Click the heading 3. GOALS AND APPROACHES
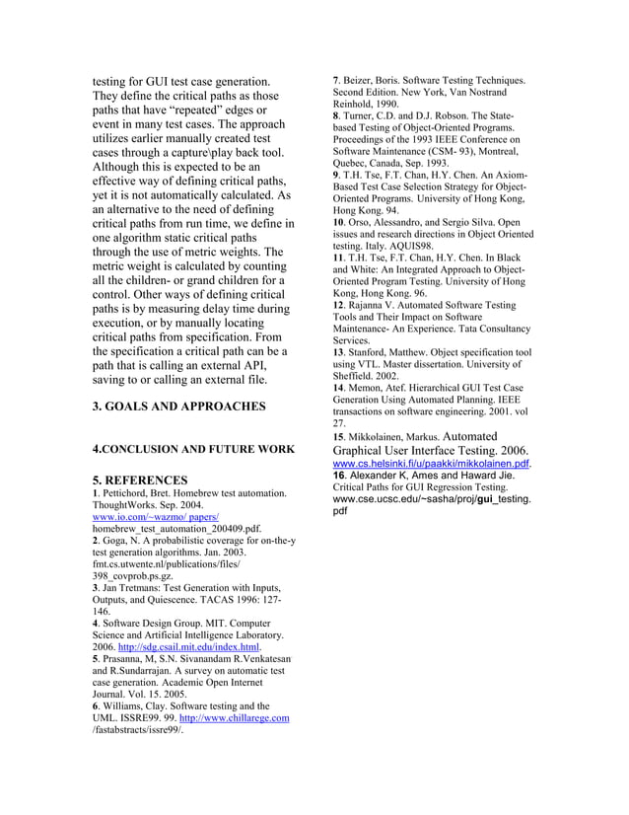click(178, 406)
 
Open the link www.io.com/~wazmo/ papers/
click(155, 517)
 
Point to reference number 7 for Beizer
click(336, 80)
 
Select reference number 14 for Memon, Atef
click(339, 388)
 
